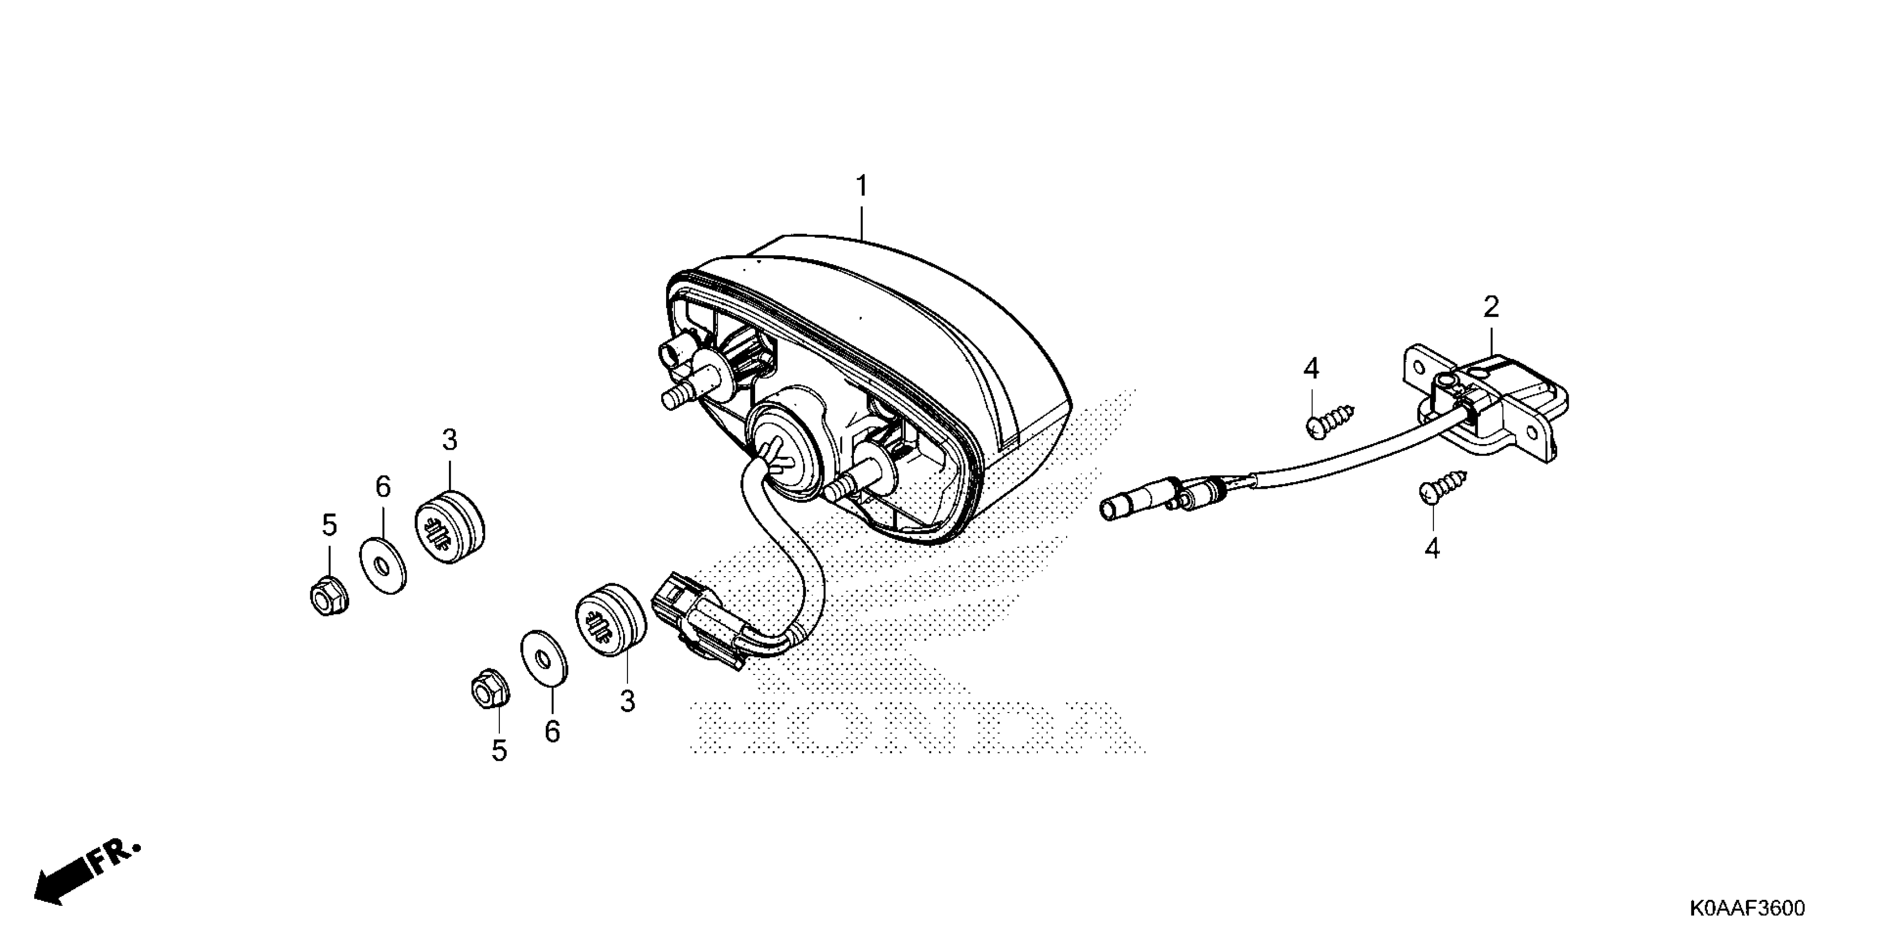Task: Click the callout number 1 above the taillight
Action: [x=862, y=187]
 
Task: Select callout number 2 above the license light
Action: [x=1491, y=307]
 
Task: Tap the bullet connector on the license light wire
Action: [x=1137, y=500]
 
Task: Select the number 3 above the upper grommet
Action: [x=449, y=440]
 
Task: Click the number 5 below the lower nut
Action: [x=499, y=750]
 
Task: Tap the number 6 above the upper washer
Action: [x=383, y=486]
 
